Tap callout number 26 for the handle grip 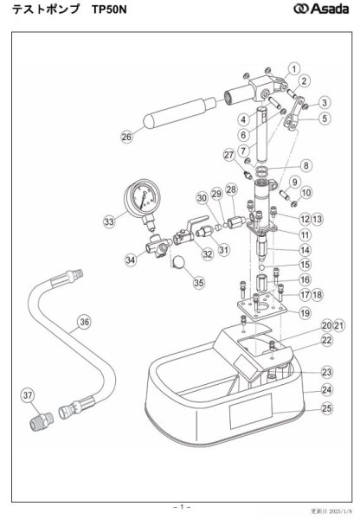[x=126, y=136]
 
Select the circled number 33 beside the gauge [x=109, y=222]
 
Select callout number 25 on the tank [x=302, y=407]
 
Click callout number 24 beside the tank [x=302, y=389]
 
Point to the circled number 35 [x=198, y=282]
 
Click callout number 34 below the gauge [x=130, y=259]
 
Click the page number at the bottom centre [x=180, y=504]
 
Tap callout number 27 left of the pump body [x=229, y=155]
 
